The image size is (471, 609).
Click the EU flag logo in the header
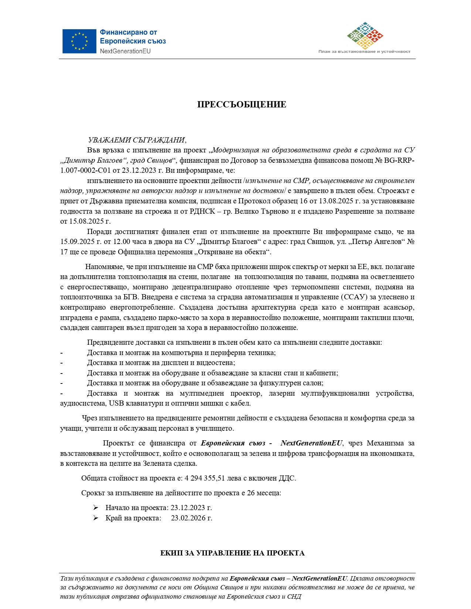point(79,41)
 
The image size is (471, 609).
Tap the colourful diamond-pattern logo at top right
point(365,35)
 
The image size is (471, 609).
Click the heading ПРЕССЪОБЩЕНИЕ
point(242,104)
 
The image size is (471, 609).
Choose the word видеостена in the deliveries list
point(216,363)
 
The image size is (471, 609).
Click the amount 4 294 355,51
point(205,478)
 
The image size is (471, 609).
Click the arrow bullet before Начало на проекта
point(96,508)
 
